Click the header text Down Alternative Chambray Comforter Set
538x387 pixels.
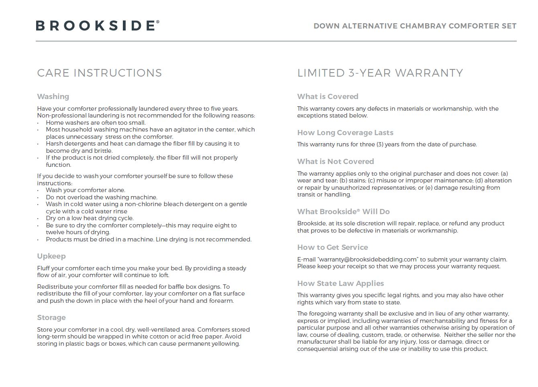pyautogui.click(x=415, y=26)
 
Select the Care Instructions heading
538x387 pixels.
pyautogui.click(x=99, y=73)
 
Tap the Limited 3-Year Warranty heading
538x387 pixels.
pyautogui.click(x=380, y=73)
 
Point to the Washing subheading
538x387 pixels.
pyautogui.click(x=53, y=97)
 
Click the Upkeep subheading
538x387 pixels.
pyautogui.click(x=51, y=256)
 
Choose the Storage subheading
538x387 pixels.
pyautogui.click(x=51, y=318)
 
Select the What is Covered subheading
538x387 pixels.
pyautogui.click(x=328, y=97)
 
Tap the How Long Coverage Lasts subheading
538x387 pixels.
pyautogui.click(x=345, y=133)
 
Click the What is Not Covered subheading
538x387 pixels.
pyautogui.click(x=336, y=162)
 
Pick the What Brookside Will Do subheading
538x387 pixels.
pyautogui.click(x=343, y=212)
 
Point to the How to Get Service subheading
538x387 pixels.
pyautogui.click(x=332, y=247)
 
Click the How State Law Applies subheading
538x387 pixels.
pyautogui.click(x=340, y=284)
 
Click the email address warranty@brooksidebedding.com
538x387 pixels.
pyautogui.click(x=368, y=259)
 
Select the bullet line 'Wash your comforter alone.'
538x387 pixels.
pyautogui.click(x=86, y=190)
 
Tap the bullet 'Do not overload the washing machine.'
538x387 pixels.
pyautogui.click(x=102, y=197)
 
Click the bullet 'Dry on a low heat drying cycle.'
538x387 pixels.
pyautogui.click(x=90, y=218)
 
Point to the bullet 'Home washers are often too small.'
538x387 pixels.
pyautogui.click(x=96, y=123)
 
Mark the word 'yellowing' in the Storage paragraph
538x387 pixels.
pyautogui.click(x=225, y=344)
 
